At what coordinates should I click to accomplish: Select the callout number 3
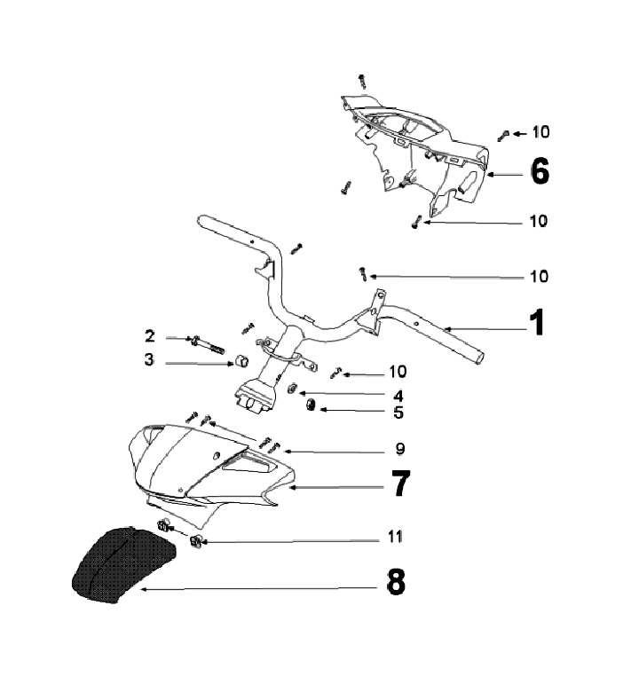tap(150, 360)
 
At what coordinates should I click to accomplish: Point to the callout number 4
tap(398, 395)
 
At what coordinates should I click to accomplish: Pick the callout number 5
tap(398, 412)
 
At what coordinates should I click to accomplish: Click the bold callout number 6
tap(539, 170)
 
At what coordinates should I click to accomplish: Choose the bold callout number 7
tap(400, 484)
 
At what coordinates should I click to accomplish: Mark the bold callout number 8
tap(396, 583)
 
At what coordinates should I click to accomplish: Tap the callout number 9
tap(399, 447)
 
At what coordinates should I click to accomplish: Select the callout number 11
tap(395, 536)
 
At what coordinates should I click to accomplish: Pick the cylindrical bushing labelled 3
tap(239, 362)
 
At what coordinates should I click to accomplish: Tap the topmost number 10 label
tap(540, 132)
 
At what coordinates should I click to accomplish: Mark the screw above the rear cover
tap(362, 81)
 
